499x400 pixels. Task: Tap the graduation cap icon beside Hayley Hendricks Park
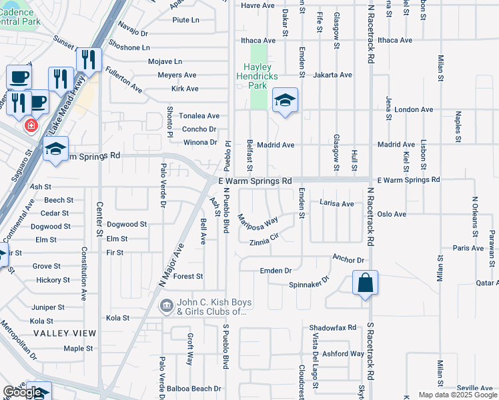285,101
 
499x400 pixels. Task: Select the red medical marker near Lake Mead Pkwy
31,125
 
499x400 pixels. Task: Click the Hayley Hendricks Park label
258,76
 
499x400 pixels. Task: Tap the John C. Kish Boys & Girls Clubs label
211,307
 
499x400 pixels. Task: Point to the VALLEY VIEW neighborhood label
65,333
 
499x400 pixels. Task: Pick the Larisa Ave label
336,203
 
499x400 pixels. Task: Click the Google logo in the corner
23,392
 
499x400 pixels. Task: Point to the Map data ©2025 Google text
457,395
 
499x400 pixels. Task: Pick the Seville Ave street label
475,388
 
